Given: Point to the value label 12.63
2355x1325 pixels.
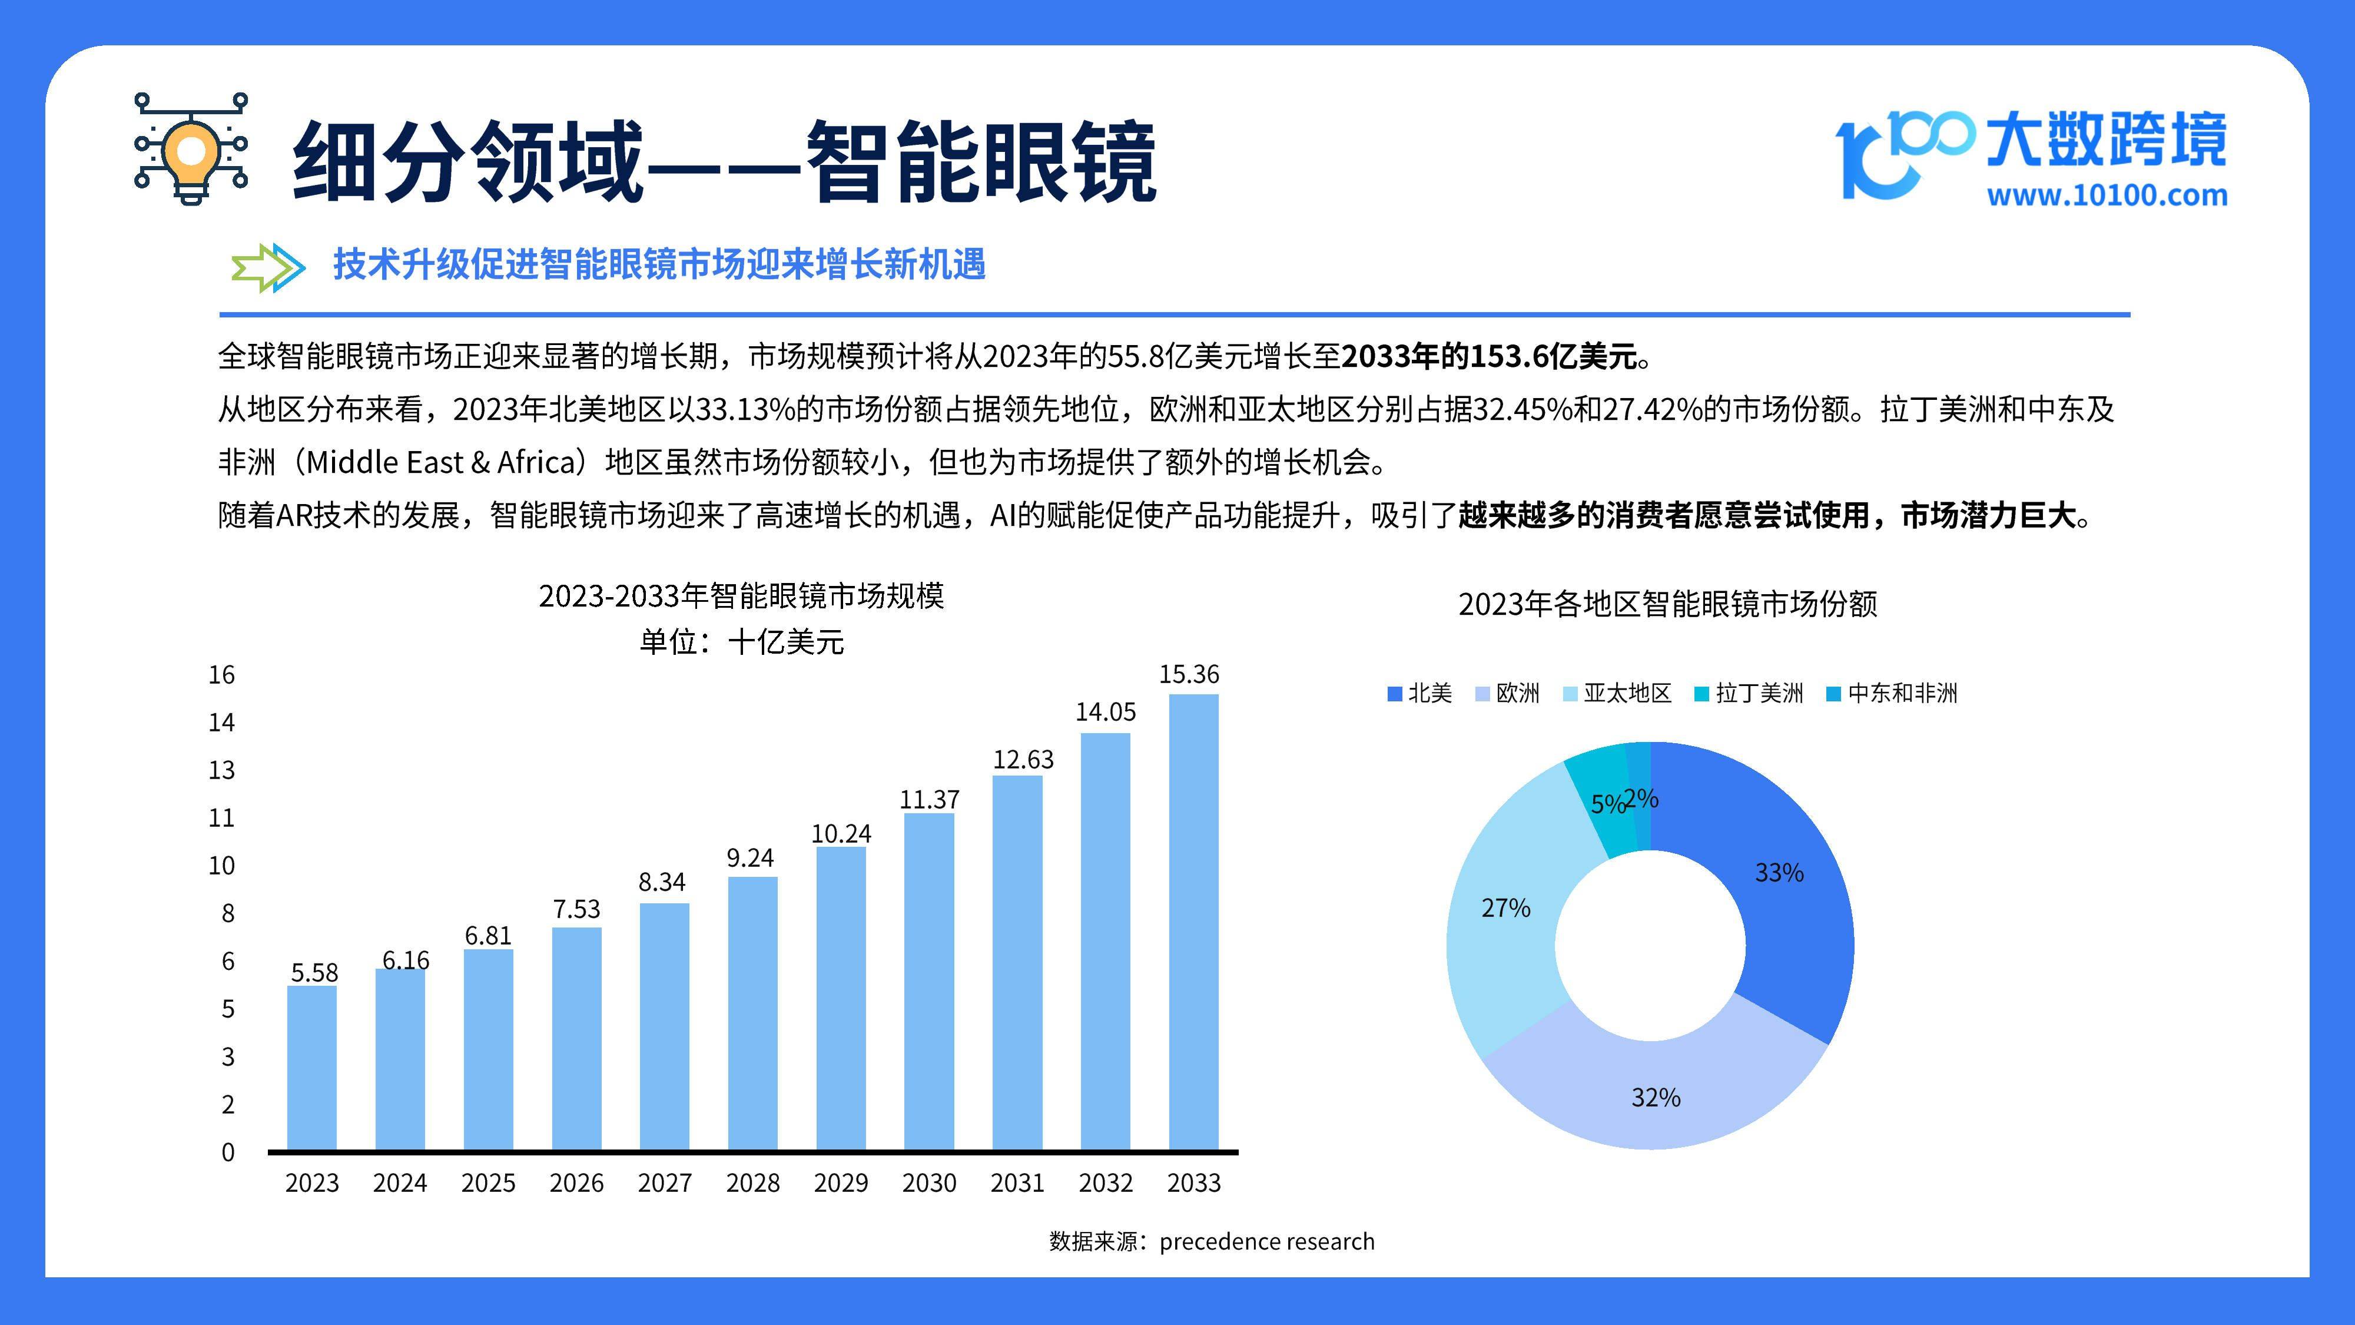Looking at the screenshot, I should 1023,759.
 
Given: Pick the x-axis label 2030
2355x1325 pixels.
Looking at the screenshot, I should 929,1183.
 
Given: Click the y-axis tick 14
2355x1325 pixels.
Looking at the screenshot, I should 221,723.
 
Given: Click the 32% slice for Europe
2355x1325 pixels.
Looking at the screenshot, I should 1656,1097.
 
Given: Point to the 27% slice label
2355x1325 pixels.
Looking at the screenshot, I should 1505,908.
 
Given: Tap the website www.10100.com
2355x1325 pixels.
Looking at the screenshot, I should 2107,196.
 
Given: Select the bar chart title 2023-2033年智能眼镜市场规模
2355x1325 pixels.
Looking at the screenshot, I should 741,596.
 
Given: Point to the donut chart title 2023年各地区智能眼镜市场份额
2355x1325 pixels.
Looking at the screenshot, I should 1667,604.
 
